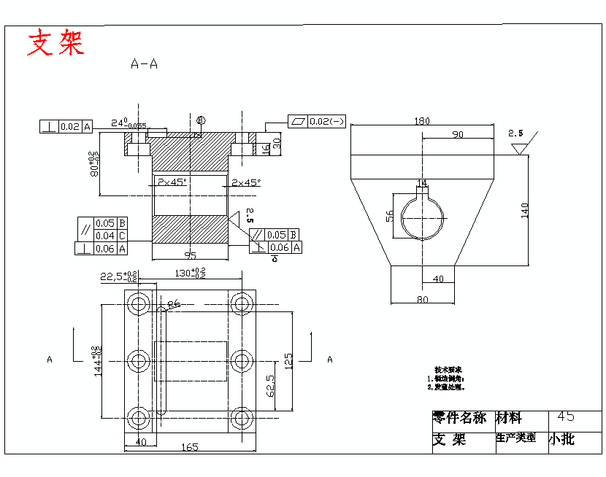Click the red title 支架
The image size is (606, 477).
click(x=55, y=43)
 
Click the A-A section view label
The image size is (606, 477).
click(x=144, y=64)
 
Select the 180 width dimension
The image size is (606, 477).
click(x=421, y=121)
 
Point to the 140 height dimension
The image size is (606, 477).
click(x=524, y=210)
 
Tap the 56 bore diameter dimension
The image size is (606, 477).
click(x=390, y=215)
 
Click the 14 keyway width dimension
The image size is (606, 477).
click(x=422, y=182)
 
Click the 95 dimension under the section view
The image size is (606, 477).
click(x=190, y=255)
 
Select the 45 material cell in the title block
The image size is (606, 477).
click(x=565, y=416)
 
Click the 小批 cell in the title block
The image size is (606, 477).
click(x=562, y=439)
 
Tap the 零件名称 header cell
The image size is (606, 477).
click(x=459, y=418)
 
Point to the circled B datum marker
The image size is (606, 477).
click(x=201, y=120)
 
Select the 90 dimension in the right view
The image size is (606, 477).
click(x=458, y=135)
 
